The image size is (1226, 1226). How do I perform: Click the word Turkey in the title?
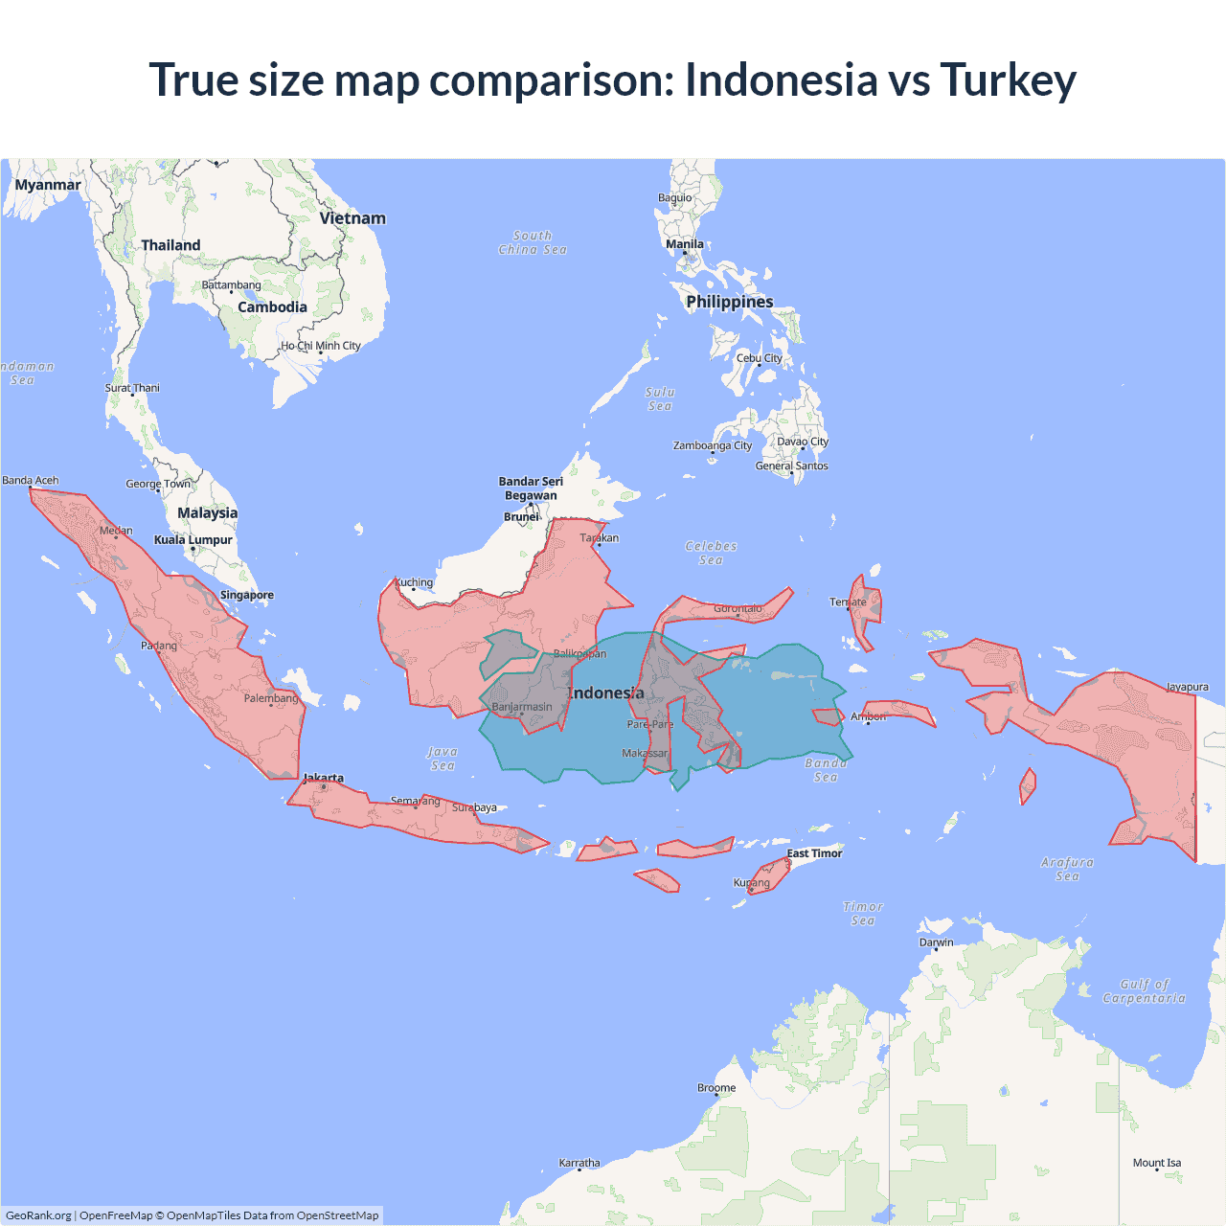(x=1008, y=80)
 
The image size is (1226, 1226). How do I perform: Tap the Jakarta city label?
(x=323, y=778)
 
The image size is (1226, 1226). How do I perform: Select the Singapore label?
(x=247, y=595)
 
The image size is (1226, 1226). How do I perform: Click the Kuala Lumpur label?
(x=193, y=540)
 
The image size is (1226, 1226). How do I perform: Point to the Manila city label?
(x=685, y=244)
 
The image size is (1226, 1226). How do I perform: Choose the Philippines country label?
(x=729, y=302)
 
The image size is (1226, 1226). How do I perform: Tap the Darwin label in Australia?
(x=936, y=942)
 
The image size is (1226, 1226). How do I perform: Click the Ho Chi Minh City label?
(x=321, y=346)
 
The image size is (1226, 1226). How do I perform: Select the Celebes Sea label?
(x=711, y=553)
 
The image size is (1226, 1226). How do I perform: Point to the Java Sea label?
(x=442, y=759)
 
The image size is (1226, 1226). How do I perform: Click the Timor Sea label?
(x=863, y=914)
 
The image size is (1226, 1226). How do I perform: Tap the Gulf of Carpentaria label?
(x=1144, y=991)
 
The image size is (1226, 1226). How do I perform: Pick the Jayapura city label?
(x=1187, y=687)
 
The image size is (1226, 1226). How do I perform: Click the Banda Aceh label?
(x=31, y=481)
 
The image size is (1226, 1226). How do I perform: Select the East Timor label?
(x=814, y=853)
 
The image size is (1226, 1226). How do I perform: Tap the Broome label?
(x=716, y=1088)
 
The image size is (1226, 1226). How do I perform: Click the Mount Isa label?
(x=1157, y=1163)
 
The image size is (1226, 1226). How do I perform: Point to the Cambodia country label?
(x=272, y=307)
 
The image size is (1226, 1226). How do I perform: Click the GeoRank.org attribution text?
(x=38, y=1215)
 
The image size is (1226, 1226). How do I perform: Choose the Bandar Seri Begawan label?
(x=531, y=488)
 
